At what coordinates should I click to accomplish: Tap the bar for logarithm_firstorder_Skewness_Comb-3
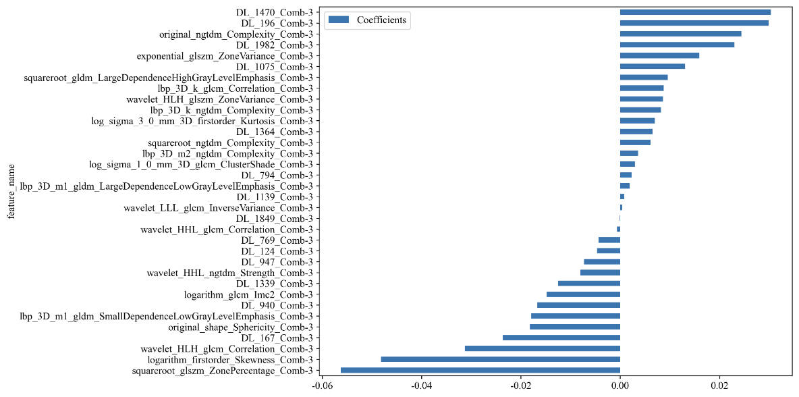500,359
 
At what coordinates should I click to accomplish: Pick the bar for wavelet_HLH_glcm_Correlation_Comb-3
542,348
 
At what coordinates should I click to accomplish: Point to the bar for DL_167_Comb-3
561,338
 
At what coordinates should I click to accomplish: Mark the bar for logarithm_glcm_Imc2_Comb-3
583,294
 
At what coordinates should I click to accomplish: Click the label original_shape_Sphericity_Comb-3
240,327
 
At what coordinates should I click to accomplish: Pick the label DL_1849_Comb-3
274,219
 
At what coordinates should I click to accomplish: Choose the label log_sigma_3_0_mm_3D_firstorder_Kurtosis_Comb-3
202,121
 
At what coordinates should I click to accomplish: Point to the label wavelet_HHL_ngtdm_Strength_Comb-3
229,273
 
